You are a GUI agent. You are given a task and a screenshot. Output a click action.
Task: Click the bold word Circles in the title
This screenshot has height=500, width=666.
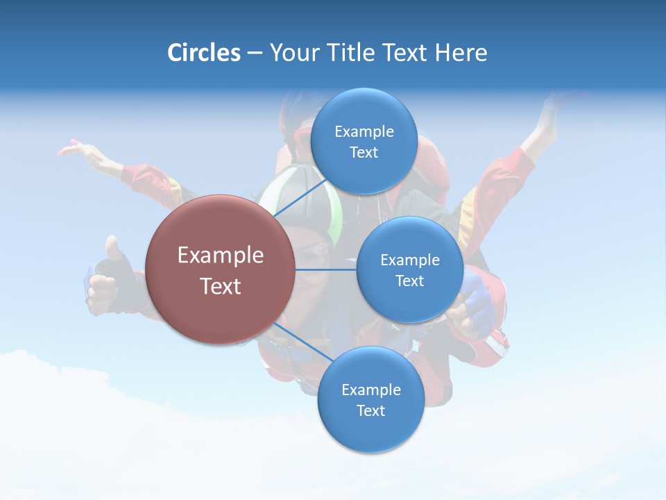203,53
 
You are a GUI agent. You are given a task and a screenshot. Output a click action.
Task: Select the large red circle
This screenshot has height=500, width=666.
220,269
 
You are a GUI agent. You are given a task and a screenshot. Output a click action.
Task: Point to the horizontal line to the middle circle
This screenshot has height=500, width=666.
325,269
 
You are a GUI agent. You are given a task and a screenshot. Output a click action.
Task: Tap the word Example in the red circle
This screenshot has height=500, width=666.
220,255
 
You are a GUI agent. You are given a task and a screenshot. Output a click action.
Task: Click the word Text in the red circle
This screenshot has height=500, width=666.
220,286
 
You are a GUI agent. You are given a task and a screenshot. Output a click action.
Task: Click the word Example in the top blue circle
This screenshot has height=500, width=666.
364,131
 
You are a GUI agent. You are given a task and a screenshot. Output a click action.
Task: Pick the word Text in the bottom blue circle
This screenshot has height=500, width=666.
370,410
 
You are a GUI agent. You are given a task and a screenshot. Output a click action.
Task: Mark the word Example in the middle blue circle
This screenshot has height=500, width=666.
409,260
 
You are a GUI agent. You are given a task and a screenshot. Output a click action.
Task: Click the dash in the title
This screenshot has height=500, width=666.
254,53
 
